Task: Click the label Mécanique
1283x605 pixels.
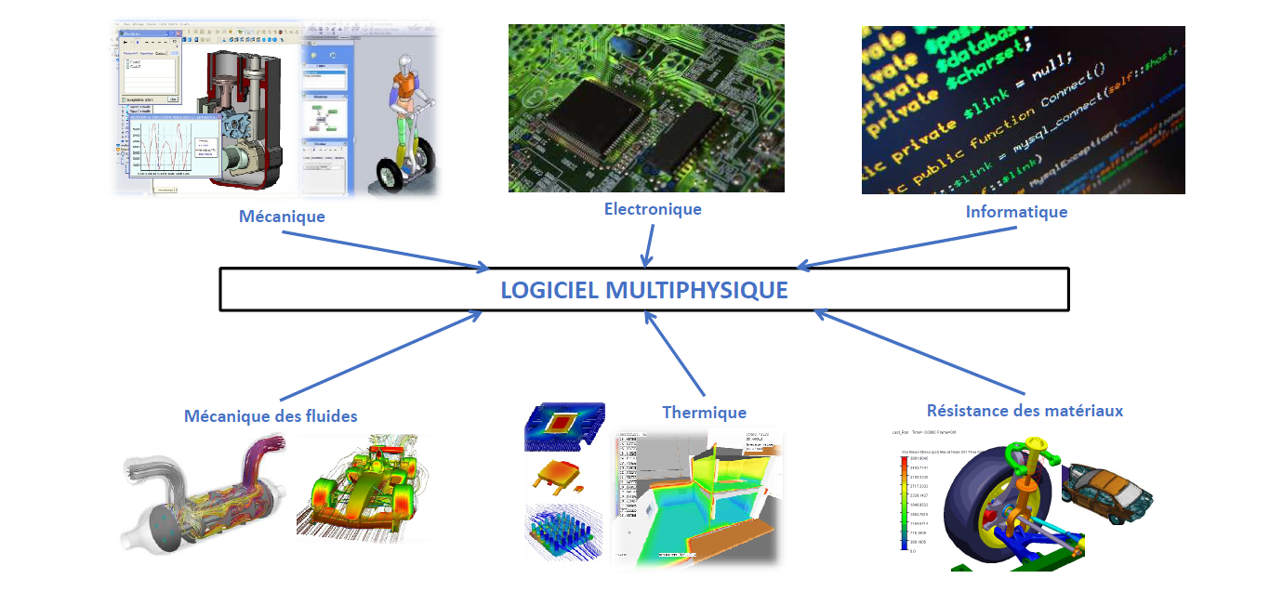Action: pyautogui.click(x=282, y=217)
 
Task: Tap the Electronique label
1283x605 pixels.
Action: pyautogui.click(x=653, y=209)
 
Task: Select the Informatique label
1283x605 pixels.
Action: pyautogui.click(x=1016, y=212)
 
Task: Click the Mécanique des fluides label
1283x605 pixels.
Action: pyautogui.click(x=271, y=415)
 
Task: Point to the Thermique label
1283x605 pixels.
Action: pyautogui.click(x=704, y=412)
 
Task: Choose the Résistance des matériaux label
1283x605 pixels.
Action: pyautogui.click(x=1025, y=410)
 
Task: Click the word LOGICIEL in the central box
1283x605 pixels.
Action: pyautogui.click(x=549, y=290)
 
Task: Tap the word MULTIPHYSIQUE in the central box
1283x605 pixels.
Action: pyautogui.click(x=696, y=290)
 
